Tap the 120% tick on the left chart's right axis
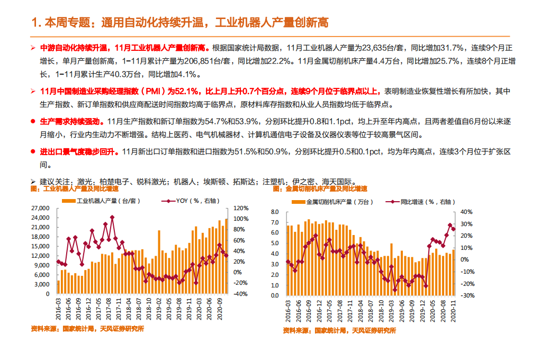(x=241, y=208)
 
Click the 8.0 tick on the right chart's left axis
(x=274, y=212)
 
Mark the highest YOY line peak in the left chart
(x=112, y=217)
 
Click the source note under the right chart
(x=339, y=330)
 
